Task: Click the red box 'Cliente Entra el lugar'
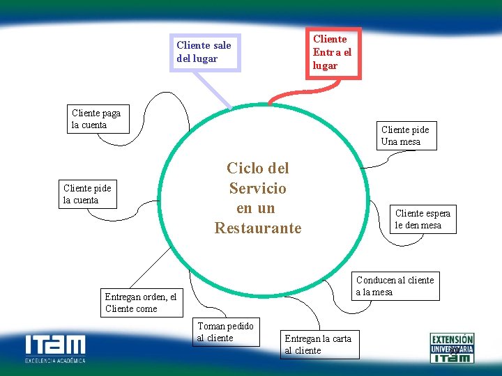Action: [x=333, y=52]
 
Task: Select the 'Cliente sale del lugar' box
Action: [x=206, y=52]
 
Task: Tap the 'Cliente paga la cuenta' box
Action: [x=98, y=119]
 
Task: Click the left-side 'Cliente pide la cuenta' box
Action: [x=88, y=194]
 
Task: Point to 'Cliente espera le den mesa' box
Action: [x=422, y=219]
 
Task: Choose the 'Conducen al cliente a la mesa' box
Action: [x=395, y=285]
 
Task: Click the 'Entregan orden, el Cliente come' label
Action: [x=140, y=302]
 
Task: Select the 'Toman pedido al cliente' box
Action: [x=225, y=331]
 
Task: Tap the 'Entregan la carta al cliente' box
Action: [x=320, y=344]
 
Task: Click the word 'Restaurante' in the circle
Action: [x=258, y=228]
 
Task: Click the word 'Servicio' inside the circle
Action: [x=258, y=188]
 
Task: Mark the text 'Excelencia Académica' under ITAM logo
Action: [x=56, y=361]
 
